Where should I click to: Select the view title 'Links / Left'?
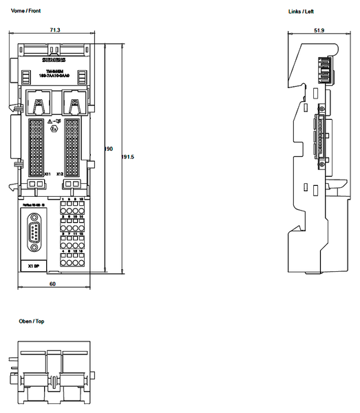[x=301, y=12]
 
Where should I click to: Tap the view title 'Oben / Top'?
[x=32, y=321]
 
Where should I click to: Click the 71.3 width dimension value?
[x=54, y=30]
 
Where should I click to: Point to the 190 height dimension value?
[x=108, y=149]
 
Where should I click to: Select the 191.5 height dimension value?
[x=127, y=157]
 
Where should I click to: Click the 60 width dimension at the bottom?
[x=52, y=283]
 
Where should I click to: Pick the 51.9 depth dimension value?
[x=319, y=30]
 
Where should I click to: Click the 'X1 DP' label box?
[x=32, y=266]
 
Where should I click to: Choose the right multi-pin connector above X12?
[x=71, y=145]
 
